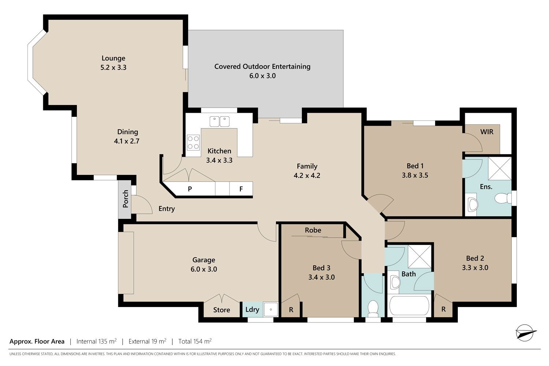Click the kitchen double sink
[x=219, y=122]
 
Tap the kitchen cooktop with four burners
[x=193, y=142]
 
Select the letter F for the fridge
[x=241, y=189]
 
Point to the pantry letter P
[x=190, y=189]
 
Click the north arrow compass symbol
[x=525, y=332]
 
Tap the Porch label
[x=125, y=199]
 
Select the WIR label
[x=487, y=132]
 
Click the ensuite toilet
[x=503, y=198]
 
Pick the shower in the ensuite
[x=500, y=169]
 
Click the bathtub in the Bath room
[x=409, y=306]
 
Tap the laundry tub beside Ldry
[x=270, y=309]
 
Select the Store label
[x=221, y=310]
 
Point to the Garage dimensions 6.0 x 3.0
[x=203, y=269]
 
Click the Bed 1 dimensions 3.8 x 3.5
[x=415, y=175]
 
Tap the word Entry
[x=167, y=209]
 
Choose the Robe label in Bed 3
[x=313, y=230]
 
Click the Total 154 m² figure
[x=195, y=341]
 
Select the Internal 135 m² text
[x=96, y=341]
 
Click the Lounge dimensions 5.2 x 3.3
[x=113, y=67]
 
